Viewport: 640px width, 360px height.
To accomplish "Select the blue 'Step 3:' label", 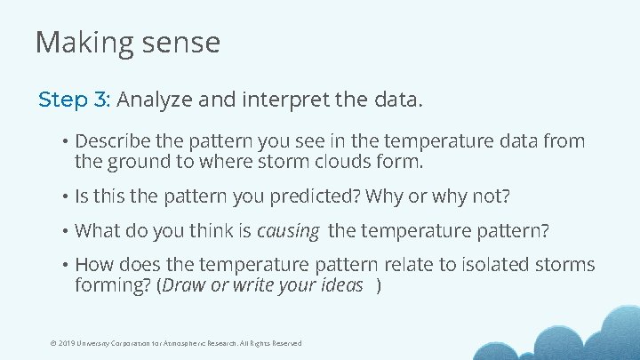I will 74,100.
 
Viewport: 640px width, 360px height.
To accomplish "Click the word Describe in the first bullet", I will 111,141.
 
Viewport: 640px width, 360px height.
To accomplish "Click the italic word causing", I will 288,231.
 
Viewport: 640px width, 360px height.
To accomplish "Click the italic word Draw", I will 185,285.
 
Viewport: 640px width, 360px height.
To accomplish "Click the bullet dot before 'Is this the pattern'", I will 65,196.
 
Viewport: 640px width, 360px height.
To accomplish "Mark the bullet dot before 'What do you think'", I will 65,231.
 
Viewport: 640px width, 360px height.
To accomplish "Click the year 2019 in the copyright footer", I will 67,343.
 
